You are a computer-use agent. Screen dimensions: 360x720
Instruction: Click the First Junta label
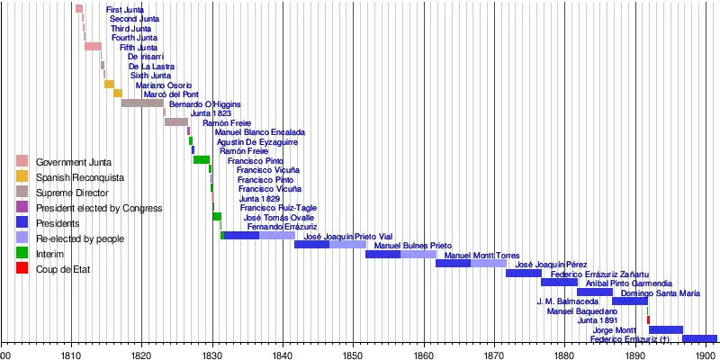99,9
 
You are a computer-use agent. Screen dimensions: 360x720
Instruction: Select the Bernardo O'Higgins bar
142,103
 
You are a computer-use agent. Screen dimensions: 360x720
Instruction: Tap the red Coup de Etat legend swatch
22,269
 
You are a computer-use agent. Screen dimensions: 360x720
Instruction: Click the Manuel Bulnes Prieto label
413,245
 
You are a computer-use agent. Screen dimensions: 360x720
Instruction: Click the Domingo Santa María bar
630,301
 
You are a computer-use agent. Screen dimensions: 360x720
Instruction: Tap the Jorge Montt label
615,330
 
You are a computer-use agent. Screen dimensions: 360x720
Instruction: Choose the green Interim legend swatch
22,254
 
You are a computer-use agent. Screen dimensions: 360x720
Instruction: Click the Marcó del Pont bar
118,94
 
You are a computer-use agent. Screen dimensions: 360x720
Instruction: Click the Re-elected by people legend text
80,238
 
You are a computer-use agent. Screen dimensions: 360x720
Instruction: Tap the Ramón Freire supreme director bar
176,121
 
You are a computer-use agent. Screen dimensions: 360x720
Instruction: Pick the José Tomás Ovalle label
278,217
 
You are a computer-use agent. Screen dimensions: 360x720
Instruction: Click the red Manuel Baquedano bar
648,320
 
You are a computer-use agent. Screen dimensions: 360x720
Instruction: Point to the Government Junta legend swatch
22,162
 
